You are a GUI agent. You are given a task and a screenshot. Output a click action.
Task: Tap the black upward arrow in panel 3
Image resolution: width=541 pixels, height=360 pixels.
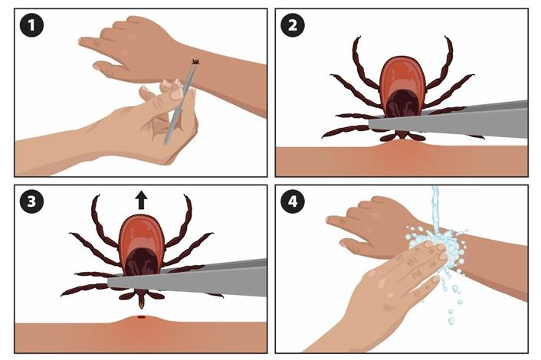click(x=142, y=201)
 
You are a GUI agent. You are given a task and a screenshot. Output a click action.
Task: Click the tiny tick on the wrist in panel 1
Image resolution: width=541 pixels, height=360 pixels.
click(x=195, y=61)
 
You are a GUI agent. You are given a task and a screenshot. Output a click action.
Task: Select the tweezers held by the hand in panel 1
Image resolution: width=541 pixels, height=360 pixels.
click(x=178, y=107)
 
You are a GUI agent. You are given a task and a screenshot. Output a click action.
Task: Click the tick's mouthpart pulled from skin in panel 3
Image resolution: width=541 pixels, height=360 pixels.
click(x=142, y=299)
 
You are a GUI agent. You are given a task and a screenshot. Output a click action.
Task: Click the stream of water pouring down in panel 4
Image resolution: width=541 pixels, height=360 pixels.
click(x=436, y=207)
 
